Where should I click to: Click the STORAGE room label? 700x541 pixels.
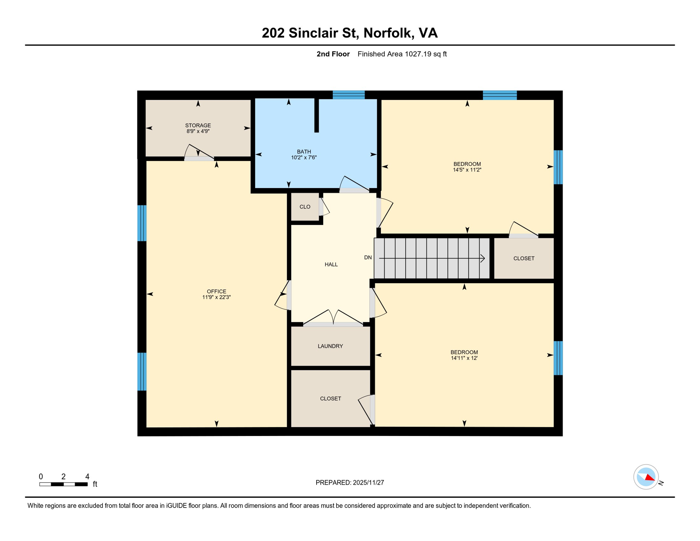pyautogui.click(x=198, y=125)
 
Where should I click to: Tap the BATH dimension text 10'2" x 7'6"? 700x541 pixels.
pyautogui.click(x=304, y=157)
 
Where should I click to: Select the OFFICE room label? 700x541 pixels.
pyautogui.click(x=216, y=291)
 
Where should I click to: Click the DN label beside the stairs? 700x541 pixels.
pyautogui.click(x=368, y=257)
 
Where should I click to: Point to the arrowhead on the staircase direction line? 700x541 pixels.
pyautogui.click(x=483, y=259)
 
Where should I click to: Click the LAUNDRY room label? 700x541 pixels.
pyautogui.click(x=330, y=346)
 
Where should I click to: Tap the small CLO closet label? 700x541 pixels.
pyautogui.click(x=305, y=207)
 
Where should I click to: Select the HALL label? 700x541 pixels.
pyautogui.click(x=331, y=265)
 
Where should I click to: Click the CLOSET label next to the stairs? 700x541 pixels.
pyautogui.click(x=524, y=259)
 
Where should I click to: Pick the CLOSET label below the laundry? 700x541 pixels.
pyautogui.click(x=330, y=399)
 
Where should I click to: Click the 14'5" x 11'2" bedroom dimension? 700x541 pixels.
pyautogui.click(x=467, y=170)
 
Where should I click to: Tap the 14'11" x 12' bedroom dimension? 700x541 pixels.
pyautogui.click(x=464, y=358)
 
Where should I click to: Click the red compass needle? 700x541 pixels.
pyautogui.click(x=650, y=478)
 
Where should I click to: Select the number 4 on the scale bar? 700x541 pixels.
pyautogui.click(x=87, y=477)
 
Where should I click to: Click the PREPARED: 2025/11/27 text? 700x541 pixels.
pyautogui.click(x=350, y=483)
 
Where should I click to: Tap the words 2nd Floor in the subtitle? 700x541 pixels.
pyautogui.click(x=333, y=54)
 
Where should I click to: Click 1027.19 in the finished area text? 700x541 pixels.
pyautogui.click(x=418, y=54)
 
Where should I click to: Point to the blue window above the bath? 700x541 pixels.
pyautogui.click(x=349, y=95)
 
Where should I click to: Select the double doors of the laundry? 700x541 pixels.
pyautogui.click(x=333, y=318)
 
